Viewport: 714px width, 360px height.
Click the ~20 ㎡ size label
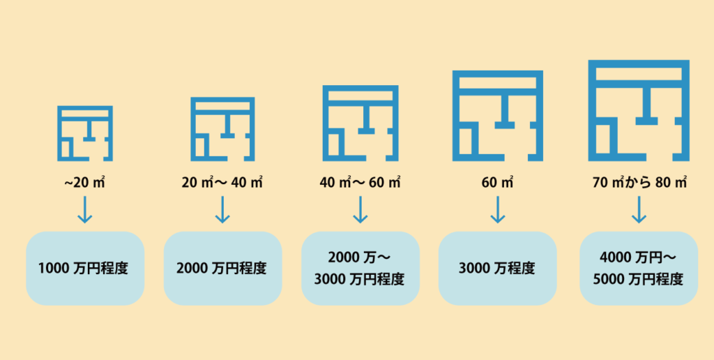pyautogui.click(x=84, y=183)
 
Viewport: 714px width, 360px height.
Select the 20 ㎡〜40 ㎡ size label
pyautogui.click(x=222, y=183)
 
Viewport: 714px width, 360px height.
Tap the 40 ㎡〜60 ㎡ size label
pyautogui.click(x=360, y=183)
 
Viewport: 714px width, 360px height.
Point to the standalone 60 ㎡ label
pyautogui.click(x=497, y=183)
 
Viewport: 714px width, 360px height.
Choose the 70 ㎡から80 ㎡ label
pyautogui.click(x=639, y=183)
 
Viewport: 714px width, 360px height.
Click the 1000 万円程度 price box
pyautogui.click(x=85, y=269)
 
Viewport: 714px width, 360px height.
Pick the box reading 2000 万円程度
pyautogui.click(x=222, y=269)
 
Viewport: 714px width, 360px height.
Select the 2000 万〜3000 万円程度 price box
pyautogui.click(x=360, y=269)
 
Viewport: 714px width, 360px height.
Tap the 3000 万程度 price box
pyautogui.click(x=497, y=269)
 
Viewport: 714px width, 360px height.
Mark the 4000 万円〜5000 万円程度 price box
pyautogui.click(x=639, y=269)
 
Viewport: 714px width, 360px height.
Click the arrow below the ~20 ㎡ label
pyautogui.click(x=84, y=209)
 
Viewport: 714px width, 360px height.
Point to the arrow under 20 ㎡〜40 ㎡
pyautogui.click(x=222, y=209)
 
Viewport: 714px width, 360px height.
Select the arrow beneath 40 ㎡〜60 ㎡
pyautogui.click(x=360, y=209)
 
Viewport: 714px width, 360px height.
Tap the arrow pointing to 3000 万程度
pyautogui.click(x=497, y=209)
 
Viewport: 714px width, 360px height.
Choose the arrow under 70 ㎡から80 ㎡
pyautogui.click(x=639, y=209)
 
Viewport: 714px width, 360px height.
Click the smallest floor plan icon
pyautogui.click(x=60, y=133)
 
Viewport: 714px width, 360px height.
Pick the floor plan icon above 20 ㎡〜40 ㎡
pyautogui.click(x=193, y=129)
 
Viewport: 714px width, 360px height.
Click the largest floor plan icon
pyautogui.click(x=593, y=111)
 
